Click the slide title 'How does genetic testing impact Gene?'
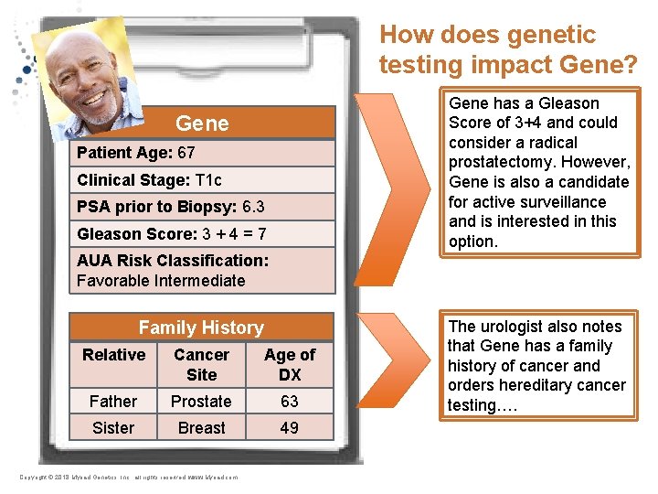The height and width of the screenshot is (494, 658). [509, 49]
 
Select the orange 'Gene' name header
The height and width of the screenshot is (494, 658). [202, 123]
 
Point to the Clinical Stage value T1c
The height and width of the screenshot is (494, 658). [208, 180]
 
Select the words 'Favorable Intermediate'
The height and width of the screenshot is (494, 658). [161, 280]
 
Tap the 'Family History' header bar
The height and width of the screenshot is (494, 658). [201, 328]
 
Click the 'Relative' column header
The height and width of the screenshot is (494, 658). [113, 355]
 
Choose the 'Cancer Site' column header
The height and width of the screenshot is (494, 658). [201, 364]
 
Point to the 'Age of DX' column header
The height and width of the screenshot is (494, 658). [290, 364]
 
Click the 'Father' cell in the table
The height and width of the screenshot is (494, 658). [113, 402]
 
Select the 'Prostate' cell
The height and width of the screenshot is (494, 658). [201, 402]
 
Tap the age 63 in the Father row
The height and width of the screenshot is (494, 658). [290, 402]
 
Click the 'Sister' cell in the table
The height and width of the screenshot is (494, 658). [113, 428]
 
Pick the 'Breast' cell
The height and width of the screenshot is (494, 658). [201, 428]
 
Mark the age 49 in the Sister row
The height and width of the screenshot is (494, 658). [290, 428]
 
